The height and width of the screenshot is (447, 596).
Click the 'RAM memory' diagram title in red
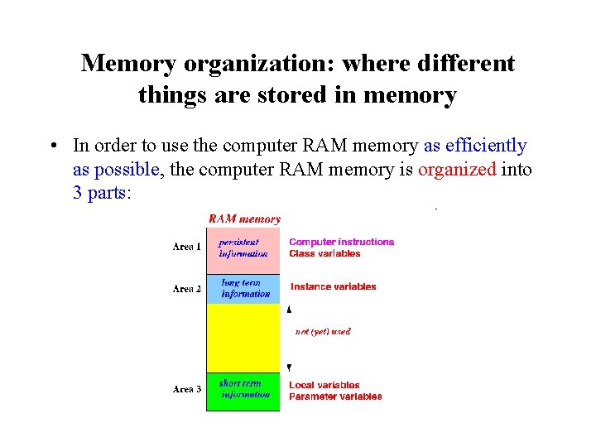pos(244,219)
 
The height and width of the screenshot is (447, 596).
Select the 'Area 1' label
pos(187,247)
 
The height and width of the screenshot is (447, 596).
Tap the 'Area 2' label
pos(187,289)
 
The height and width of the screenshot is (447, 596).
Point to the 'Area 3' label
pos(187,389)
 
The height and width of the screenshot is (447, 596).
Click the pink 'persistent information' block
pos(243,248)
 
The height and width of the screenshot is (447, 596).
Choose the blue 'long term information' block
pos(244,288)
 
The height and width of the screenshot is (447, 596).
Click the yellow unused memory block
pos(243,338)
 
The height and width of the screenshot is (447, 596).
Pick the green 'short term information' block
pos(243,390)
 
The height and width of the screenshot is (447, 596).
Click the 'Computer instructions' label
pos(341,242)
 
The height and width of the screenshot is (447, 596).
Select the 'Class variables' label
pos(324,253)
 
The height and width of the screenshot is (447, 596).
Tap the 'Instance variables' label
pos(333,286)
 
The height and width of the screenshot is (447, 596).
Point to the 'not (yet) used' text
pos(323,331)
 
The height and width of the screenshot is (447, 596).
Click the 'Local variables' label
pos(324,385)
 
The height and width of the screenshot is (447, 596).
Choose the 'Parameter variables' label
pos(335,397)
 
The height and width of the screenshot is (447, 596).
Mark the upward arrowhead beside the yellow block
pos(289,310)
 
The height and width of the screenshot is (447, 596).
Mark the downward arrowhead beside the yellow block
pos(289,367)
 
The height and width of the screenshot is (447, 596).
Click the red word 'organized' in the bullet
pos(457,170)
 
